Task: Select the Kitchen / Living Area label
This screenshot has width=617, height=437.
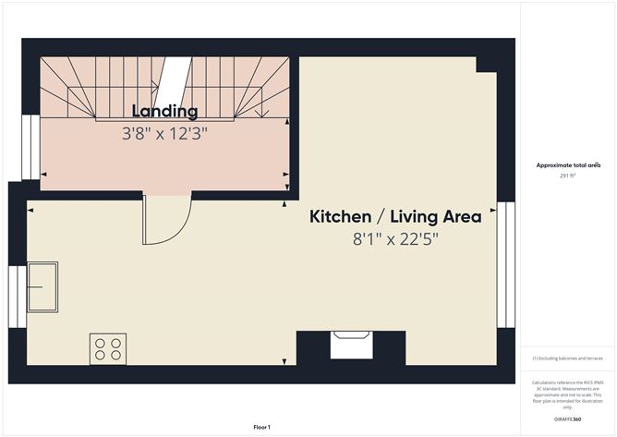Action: (394, 217)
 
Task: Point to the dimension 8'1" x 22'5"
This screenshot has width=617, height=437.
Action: (394, 239)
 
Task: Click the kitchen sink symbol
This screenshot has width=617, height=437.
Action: (42, 286)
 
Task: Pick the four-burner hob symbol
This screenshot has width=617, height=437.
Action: (107, 347)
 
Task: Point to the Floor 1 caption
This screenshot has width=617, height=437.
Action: (261, 426)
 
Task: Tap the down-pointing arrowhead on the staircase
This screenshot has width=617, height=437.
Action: (265, 115)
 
